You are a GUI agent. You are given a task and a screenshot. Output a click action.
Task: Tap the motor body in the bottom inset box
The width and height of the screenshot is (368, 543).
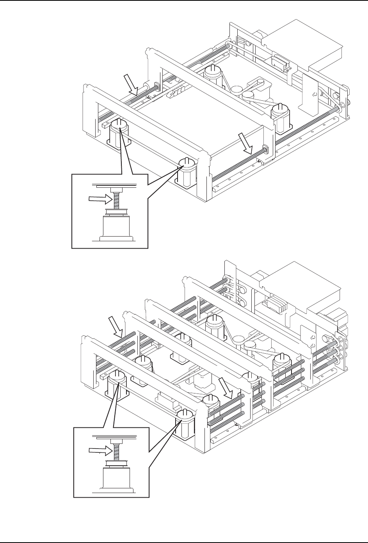(116, 479)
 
